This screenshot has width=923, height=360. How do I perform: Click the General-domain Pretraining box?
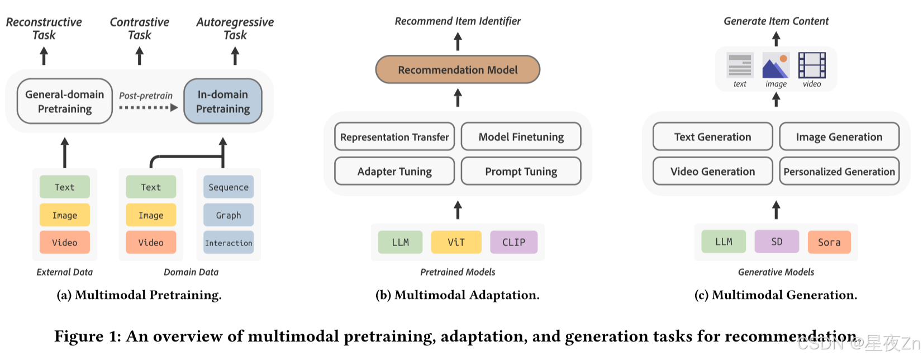[x=65, y=101]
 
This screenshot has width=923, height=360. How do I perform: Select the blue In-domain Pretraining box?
[x=223, y=101]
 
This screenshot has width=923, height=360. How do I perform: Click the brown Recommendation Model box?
[x=458, y=70]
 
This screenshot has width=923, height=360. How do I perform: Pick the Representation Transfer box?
[x=394, y=137]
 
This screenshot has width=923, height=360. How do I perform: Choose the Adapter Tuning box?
[x=394, y=172]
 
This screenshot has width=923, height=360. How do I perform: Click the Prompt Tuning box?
[x=521, y=172]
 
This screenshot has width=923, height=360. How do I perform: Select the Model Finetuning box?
[x=521, y=137]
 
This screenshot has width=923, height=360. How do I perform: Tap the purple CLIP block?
[x=513, y=243]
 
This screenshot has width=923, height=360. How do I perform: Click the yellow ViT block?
[x=456, y=243]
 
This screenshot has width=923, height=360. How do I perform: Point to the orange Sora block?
[x=829, y=243]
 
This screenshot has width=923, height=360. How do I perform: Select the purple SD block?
[x=777, y=242]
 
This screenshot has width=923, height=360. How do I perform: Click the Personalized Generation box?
[x=839, y=172]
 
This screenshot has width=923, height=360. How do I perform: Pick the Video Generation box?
[x=712, y=172]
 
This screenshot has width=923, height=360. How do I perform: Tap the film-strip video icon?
[x=812, y=65]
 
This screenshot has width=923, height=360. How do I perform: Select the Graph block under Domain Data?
[x=229, y=215]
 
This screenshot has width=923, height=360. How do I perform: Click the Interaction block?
[x=229, y=243]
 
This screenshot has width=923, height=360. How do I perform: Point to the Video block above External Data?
[x=65, y=243]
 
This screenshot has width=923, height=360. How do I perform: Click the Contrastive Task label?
[x=140, y=29]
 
